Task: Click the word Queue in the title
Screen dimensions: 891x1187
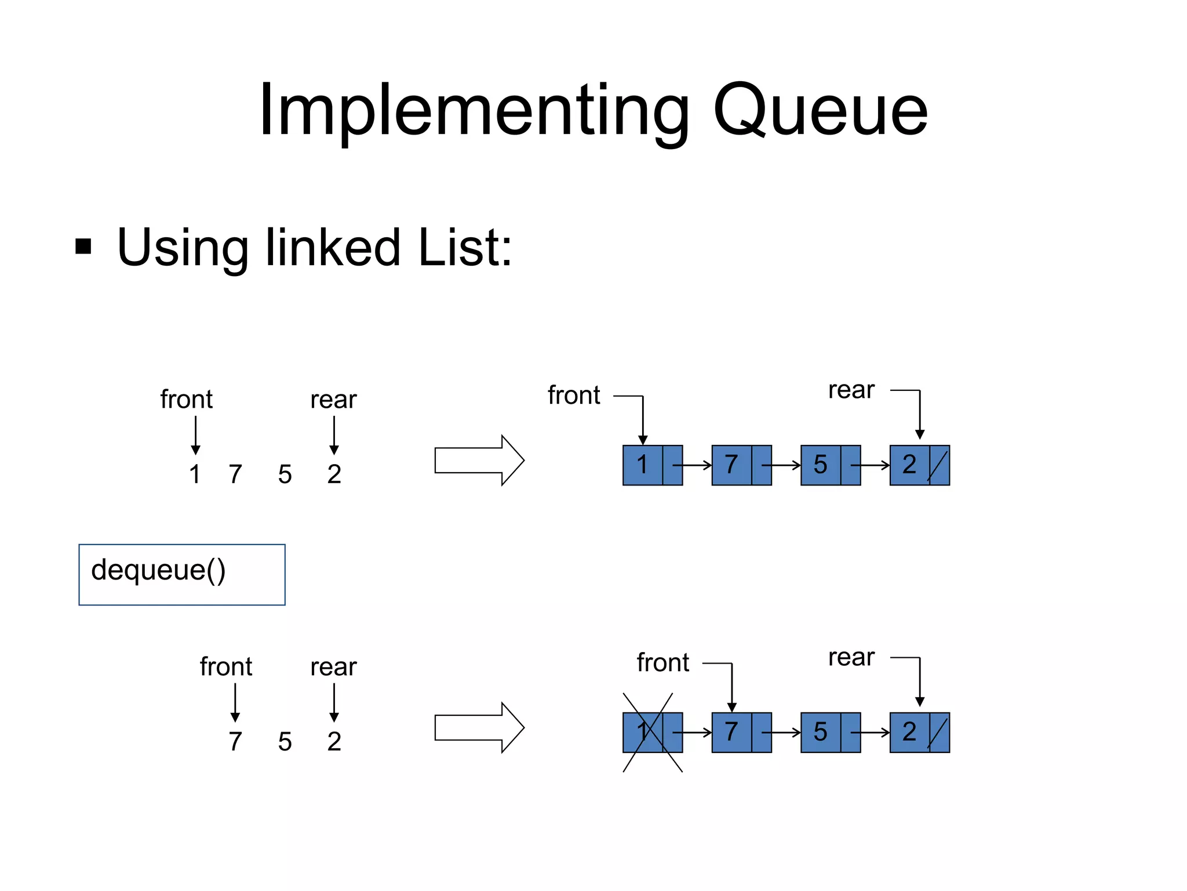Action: [820, 110]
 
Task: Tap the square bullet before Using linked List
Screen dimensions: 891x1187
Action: [83, 247]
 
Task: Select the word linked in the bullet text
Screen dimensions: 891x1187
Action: [333, 248]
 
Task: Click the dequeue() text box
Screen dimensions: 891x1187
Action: [181, 574]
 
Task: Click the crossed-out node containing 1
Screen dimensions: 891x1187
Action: [652, 732]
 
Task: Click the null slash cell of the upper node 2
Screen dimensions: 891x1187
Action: [939, 465]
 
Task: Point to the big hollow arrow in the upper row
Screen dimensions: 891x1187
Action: [479, 460]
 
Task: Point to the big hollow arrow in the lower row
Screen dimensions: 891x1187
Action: [479, 727]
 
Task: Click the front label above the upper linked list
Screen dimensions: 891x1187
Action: [574, 396]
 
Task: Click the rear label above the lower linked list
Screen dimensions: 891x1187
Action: [851, 657]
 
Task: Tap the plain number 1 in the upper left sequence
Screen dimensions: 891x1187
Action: [195, 474]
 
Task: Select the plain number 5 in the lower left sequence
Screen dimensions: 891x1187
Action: [285, 741]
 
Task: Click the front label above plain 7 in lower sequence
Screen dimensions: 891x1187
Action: [226, 667]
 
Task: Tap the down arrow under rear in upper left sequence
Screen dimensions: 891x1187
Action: [334, 435]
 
